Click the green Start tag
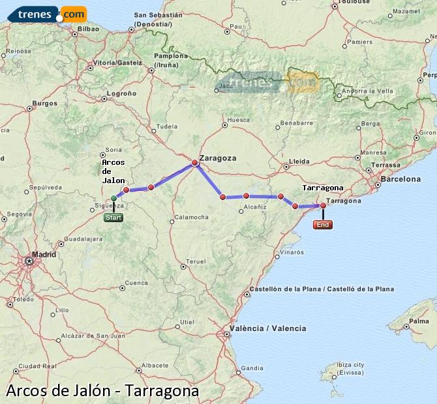(x=113, y=218)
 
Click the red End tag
(x=322, y=225)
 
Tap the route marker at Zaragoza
(x=194, y=162)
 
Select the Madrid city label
(x=44, y=254)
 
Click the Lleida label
(x=299, y=160)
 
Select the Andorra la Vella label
(x=368, y=91)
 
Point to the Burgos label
(x=45, y=103)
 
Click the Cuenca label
(x=137, y=283)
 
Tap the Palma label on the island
(x=410, y=321)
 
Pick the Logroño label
(x=121, y=93)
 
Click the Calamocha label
(x=191, y=216)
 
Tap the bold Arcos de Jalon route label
(x=113, y=171)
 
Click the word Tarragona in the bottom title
(x=162, y=391)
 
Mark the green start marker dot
(x=114, y=197)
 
